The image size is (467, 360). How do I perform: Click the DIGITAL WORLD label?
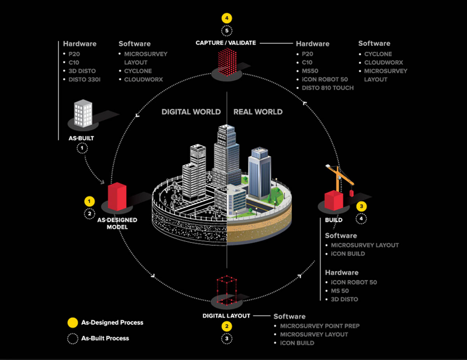(x=191, y=112)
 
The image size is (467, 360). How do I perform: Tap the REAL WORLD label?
(x=258, y=112)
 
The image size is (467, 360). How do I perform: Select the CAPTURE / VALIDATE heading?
(x=226, y=43)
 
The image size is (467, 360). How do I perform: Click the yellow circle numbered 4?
(x=226, y=18)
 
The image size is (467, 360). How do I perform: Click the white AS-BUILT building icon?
(x=83, y=113)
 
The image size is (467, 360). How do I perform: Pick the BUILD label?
(x=334, y=220)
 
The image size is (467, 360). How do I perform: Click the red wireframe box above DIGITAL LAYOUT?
(x=226, y=290)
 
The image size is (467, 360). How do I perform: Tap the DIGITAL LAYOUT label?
(x=226, y=316)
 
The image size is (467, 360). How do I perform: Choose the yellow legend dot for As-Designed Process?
(x=72, y=322)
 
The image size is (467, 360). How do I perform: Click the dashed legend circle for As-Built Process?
(x=72, y=339)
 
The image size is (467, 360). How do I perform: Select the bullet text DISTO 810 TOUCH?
(x=328, y=88)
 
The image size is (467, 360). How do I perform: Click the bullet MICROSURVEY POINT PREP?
(x=320, y=326)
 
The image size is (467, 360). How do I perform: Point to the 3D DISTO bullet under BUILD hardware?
(x=344, y=299)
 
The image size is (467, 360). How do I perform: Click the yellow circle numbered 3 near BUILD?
(x=361, y=206)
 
